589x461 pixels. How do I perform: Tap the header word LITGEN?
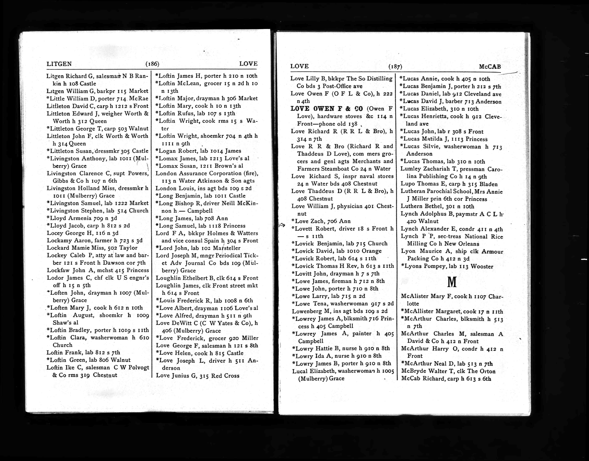tap(59, 64)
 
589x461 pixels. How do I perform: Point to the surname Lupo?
tap(407, 184)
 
